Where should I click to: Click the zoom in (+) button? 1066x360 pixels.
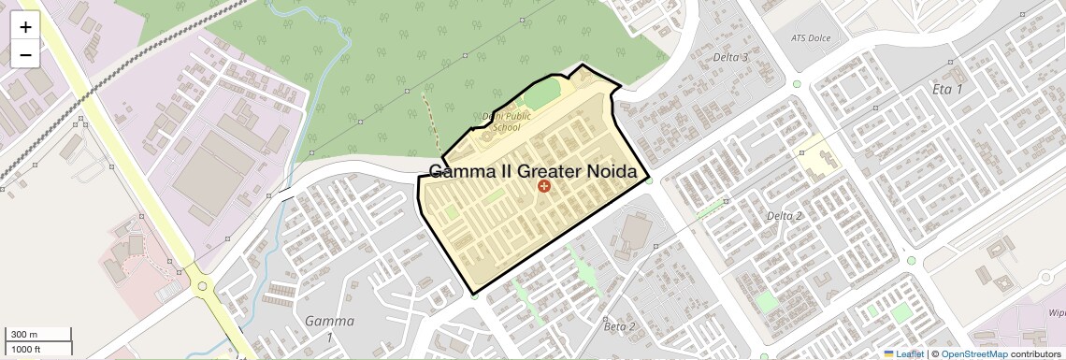coord(25,27)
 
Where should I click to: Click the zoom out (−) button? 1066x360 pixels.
coord(25,54)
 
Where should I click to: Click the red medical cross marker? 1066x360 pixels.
coord(543,187)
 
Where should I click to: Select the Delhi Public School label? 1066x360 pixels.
coord(506,122)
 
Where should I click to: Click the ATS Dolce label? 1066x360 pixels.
coord(811,38)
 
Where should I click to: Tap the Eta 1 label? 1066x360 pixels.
coord(947,89)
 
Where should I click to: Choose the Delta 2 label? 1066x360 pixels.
coord(785,216)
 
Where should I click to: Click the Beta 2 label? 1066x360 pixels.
coord(619,326)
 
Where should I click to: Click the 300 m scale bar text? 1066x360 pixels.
coord(24,335)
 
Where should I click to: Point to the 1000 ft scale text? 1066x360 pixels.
coord(26,348)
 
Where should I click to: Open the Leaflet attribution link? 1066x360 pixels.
coord(903,353)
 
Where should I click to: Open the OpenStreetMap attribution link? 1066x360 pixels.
coord(974,353)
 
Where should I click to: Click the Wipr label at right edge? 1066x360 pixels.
coord(1056,314)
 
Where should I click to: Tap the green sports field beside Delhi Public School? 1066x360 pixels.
coord(541,96)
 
